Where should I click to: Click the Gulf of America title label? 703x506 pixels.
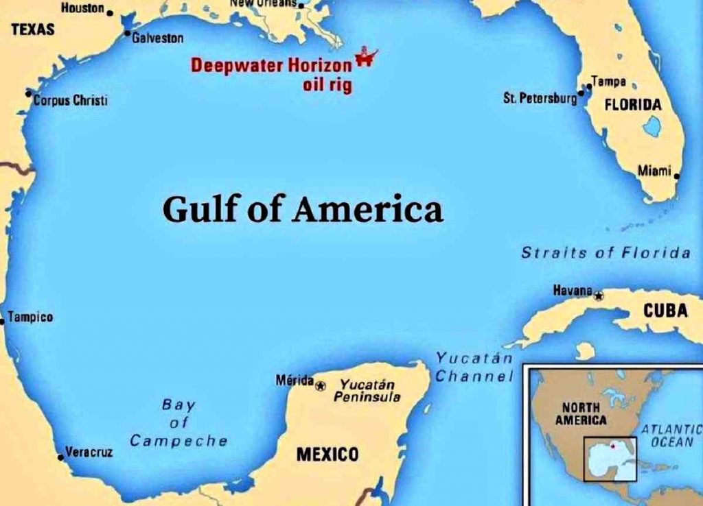click(302, 209)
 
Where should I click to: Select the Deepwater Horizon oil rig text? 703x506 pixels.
click(271, 75)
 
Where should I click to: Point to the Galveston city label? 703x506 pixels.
click(157, 39)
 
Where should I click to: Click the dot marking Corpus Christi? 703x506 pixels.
click(29, 93)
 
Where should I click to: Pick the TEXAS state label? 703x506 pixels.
click(33, 30)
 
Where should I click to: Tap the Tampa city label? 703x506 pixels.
click(609, 82)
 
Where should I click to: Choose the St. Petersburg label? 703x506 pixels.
click(540, 99)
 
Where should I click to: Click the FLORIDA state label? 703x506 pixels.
click(633, 106)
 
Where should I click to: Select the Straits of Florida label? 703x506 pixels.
click(606, 253)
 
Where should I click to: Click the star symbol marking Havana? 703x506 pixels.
click(599, 296)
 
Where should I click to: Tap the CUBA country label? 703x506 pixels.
click(665, 311)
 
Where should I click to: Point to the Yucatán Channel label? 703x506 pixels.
click(474, 367)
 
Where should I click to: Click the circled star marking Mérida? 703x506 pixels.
click(321, 386)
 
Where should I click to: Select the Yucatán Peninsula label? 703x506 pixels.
click(367, 391)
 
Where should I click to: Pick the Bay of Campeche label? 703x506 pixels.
click(178, 422)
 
